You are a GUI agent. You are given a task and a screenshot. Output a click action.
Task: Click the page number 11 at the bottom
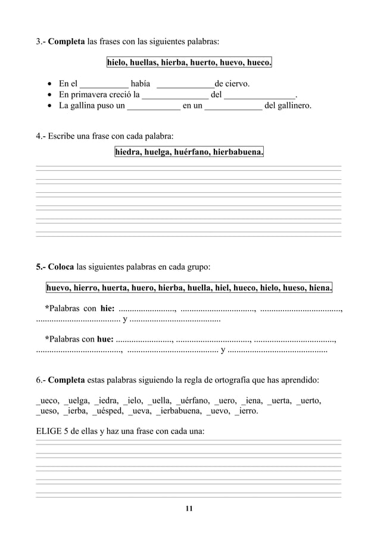tap(189, 508)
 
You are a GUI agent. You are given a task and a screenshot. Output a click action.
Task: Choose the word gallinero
tap(292, 106)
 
